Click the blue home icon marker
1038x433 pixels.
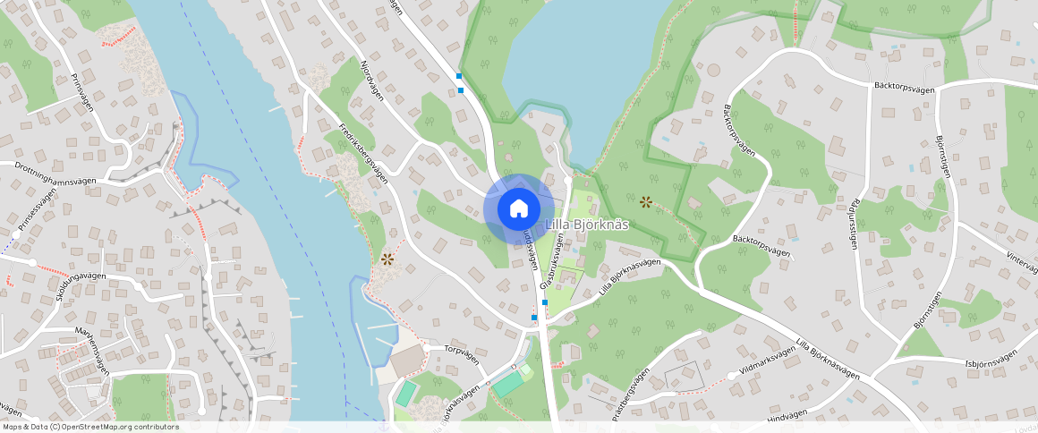pos(518,209)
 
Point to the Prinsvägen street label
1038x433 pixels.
pos(81,90)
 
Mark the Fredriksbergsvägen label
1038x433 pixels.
pos(363,153)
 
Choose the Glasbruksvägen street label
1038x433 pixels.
pos(552,260)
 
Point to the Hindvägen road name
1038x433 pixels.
pos(787,414)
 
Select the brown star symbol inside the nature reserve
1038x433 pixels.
pos(645,201)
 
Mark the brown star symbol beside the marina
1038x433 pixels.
pos(387,259)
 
